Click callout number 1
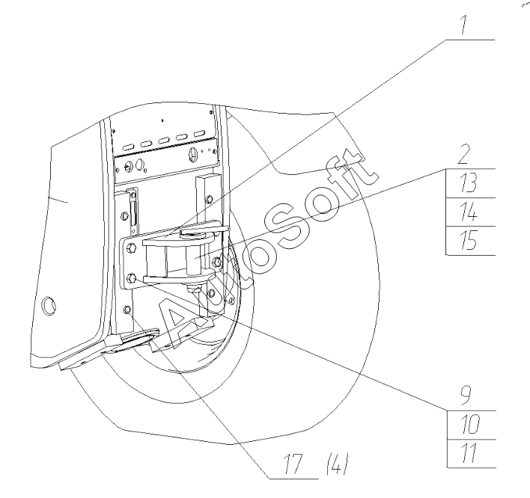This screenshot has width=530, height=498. click(464, 25)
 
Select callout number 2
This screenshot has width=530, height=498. click(464, 154)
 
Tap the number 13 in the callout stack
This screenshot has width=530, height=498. click(469, 183)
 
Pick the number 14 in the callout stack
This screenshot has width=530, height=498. click(469, 212)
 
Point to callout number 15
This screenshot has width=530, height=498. click(469, 240)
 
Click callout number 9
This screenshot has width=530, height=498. click(466, 396)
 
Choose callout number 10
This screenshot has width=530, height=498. click(470, 425)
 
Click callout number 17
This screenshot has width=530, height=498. click(293, 464)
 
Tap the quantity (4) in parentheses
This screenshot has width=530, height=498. click(337, 464)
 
